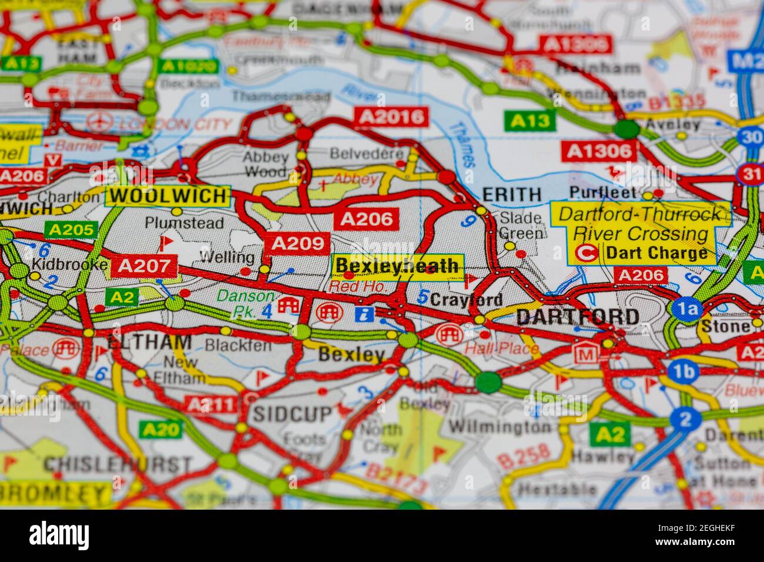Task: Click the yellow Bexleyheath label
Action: tap(397, 266)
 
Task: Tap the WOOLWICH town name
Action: tap(168, 196)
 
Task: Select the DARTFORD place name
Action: tap(578, 317)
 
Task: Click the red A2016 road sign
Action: tap(391, 117)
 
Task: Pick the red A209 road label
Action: tap(297, 242)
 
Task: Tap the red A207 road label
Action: tap(144, 266)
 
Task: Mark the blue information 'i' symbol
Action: tap(364, 313)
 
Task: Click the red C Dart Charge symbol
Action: tap(587, 253)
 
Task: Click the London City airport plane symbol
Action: tap(100, 122)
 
